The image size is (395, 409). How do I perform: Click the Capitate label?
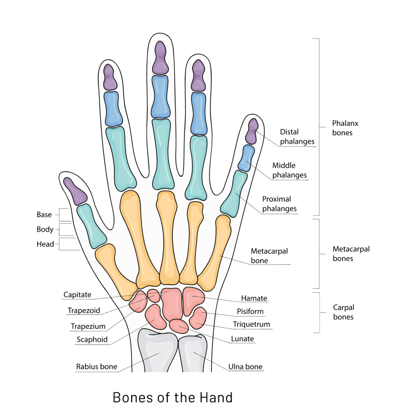pos(77,294)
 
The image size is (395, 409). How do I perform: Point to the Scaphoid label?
pos(92,339)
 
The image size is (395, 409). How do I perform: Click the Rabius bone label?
pos(96,367)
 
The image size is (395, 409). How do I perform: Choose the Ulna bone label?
pos(245,367)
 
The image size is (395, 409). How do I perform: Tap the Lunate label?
pos(243,338)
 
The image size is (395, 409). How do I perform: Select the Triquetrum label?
pos(252,324)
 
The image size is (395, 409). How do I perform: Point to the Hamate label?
pos(254,298)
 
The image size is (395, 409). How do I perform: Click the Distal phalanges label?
pos(297,137)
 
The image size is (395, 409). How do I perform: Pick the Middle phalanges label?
pos(289,170)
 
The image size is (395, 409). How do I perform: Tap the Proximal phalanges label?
pos(279,204)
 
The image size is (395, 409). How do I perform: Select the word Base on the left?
pos(44,214)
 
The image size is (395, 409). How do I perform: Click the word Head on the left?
pos(45,244)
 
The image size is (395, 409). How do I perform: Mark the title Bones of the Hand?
pos(172,397)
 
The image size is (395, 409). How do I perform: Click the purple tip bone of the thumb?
pos(76,190)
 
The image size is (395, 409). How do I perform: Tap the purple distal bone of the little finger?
pos(252,131)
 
